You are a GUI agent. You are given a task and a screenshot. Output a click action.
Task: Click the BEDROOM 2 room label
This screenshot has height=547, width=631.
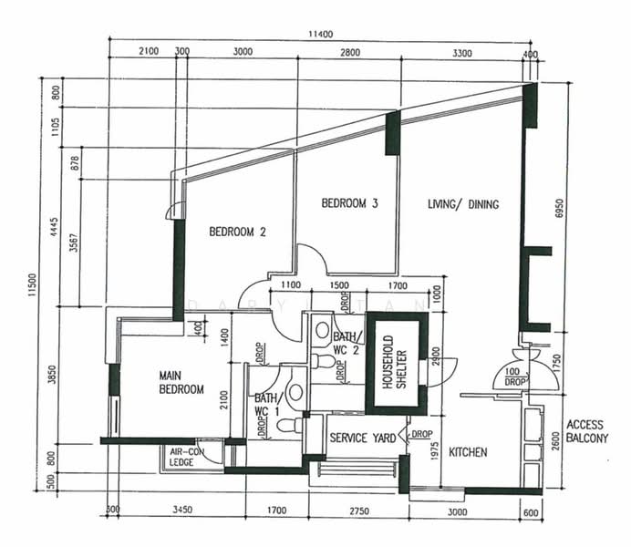coord(237,232)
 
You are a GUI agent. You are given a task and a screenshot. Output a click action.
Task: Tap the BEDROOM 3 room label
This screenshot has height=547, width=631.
coord(349,203)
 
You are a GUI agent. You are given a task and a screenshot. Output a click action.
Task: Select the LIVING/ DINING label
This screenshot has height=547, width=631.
coord(463,204)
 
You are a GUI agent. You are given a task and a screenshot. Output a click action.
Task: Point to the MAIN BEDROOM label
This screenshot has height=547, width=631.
coord(181,382)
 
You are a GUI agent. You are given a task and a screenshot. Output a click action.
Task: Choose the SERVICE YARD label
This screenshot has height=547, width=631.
coord(363,439)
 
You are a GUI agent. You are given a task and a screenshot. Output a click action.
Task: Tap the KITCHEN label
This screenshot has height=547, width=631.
coord(467,452)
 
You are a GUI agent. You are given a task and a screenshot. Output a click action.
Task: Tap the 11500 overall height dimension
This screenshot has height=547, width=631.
coord(35,284)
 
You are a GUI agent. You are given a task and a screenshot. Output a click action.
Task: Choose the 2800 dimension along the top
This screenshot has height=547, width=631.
coord(349,53)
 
